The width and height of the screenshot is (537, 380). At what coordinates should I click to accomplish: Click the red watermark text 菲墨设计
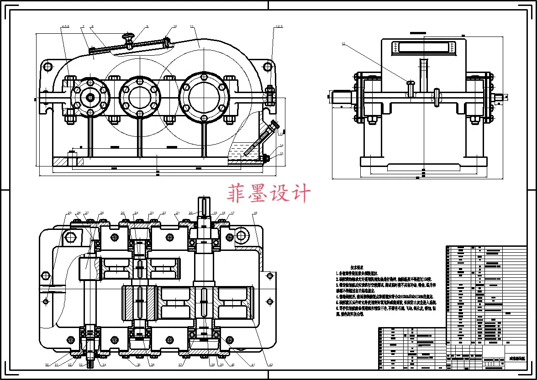pos(269,193)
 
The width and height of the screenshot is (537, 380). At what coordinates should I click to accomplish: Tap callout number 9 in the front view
pos(147,26)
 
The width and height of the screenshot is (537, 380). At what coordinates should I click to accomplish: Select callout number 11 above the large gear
pos(192,26)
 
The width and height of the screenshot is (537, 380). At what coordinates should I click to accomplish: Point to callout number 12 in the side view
pos(343,44)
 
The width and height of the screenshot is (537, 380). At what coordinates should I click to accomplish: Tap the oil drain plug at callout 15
pos(265,158)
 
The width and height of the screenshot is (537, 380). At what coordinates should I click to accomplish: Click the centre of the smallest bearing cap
pos(90,97)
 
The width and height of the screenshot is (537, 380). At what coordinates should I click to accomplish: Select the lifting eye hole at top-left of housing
pos(47,67)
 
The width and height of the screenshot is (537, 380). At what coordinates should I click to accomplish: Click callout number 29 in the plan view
pos(70,213)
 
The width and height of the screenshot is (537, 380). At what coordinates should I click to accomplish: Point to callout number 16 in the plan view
pos(255,213)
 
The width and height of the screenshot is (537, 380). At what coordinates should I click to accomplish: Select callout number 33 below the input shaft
pos(81,365)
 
